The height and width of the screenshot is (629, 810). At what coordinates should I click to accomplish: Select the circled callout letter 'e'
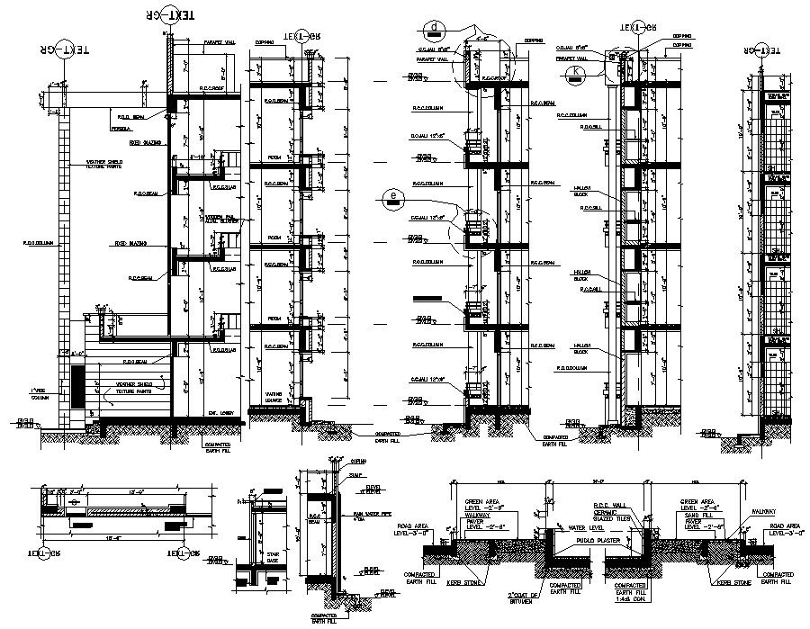tap(391, 194)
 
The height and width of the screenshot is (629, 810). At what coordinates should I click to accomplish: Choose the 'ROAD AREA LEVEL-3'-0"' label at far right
tap(779, 531)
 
